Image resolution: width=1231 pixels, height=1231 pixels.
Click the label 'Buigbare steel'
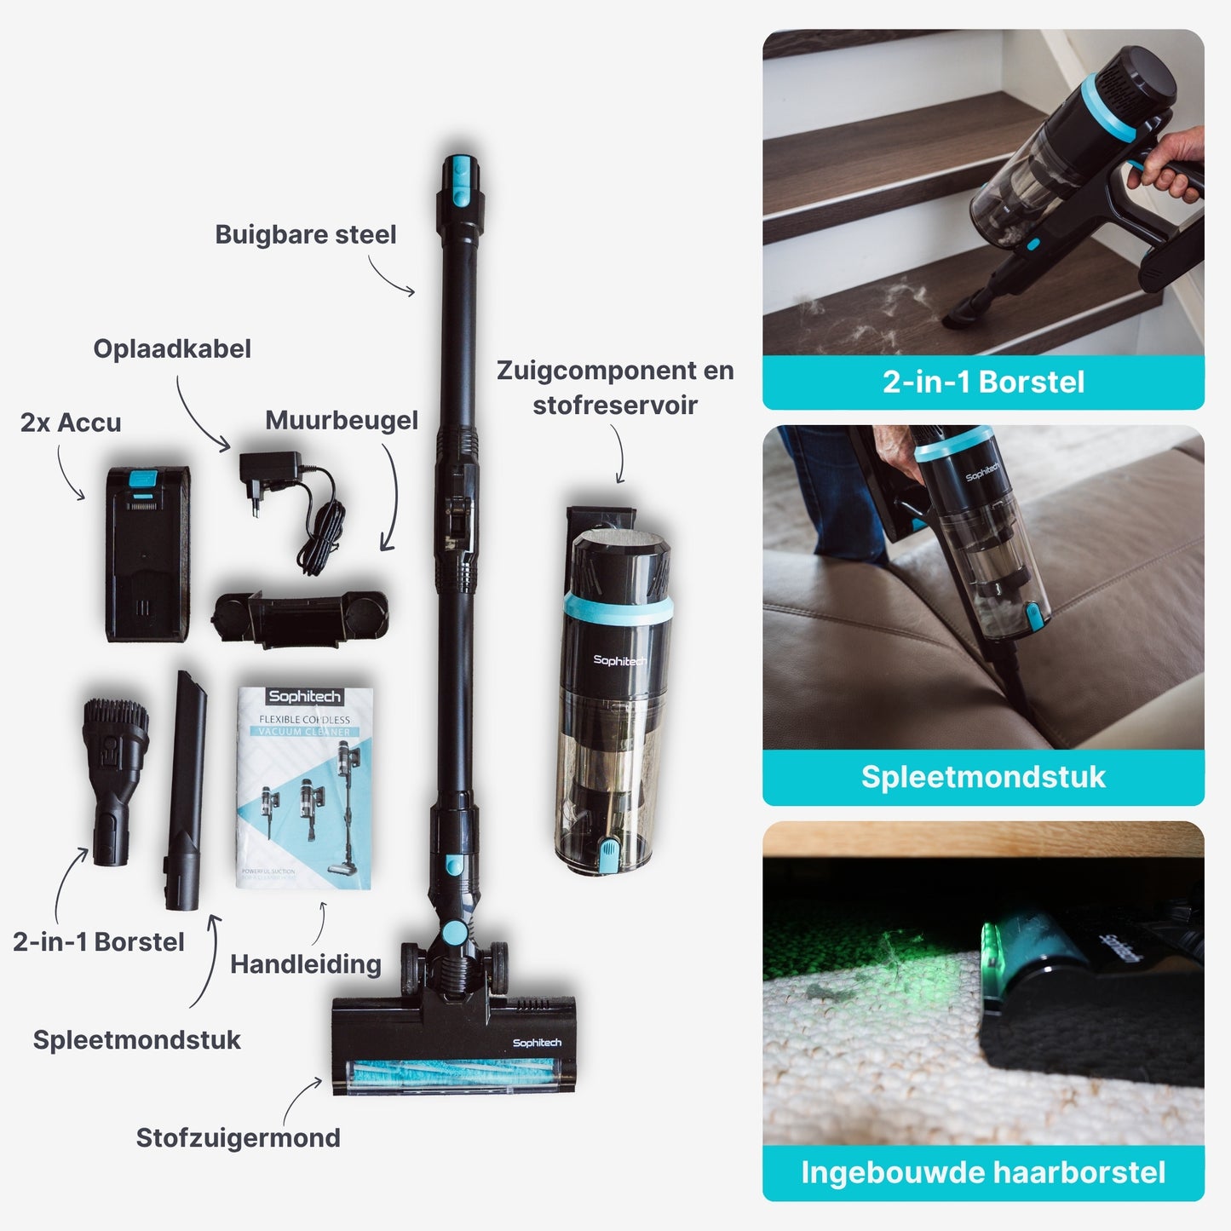click(x=305, y=234)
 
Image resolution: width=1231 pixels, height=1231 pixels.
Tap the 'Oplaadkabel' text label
click(x=172, y=348)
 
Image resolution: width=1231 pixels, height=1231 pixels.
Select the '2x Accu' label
click(x=71, y=423)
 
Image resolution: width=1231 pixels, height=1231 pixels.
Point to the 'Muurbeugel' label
click(x=342, y=420)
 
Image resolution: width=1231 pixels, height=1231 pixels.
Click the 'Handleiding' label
click(x=305, y=964)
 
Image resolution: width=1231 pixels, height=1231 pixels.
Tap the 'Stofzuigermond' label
click(x=238, y=1137)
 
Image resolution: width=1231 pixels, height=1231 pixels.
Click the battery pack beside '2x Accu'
click(x=147, y=553)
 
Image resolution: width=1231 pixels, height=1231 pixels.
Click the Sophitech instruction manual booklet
click(x=305, y=787)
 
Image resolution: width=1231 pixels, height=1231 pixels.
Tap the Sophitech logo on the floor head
click(x=537, y=1043)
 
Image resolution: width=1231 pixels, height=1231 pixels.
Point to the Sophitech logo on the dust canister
click(x=619, y=660)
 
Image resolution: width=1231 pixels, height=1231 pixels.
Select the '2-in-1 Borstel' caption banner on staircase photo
click(x=983, y=382)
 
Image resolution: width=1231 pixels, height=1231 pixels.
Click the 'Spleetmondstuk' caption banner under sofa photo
click(x=983, y=777)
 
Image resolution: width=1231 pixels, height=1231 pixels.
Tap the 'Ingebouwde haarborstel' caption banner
click(x=983, y=1172)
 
